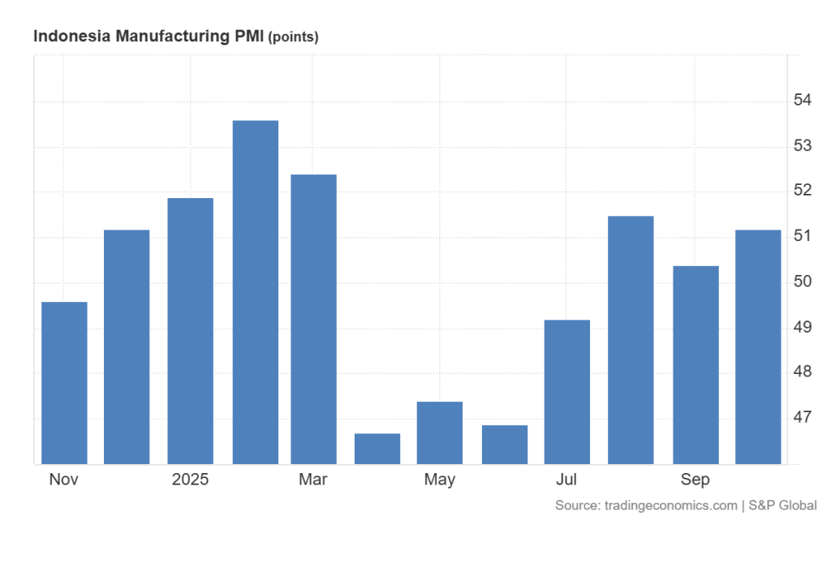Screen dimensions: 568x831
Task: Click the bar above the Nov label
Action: (x=64, y=383)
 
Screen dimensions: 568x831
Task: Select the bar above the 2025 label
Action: (x=191, y=331)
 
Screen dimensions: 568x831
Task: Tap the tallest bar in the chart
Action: (x=255, y=292)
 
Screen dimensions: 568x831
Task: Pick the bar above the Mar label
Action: (x=313, y=319)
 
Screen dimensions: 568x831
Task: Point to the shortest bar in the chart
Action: (x=377, y=449)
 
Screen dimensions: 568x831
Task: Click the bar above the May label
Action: (x=440, y=432)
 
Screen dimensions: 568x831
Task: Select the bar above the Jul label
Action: (x=567, y=392)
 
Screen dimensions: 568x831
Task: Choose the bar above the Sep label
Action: (x=695, y=365)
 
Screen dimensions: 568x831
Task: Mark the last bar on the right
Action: (x=758, y=347)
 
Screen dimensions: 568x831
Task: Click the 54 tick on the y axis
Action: (x=803, y=101)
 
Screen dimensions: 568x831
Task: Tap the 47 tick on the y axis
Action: (x=803, y=418)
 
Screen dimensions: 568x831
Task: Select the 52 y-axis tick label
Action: (x=803, y=191)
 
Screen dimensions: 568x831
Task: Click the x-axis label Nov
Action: (x=63, y=480)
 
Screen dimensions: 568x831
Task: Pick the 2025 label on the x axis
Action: (x=191, y=480)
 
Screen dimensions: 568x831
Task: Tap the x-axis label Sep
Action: (x=695, y=480)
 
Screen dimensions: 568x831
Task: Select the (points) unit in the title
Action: (x=293, y=37)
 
